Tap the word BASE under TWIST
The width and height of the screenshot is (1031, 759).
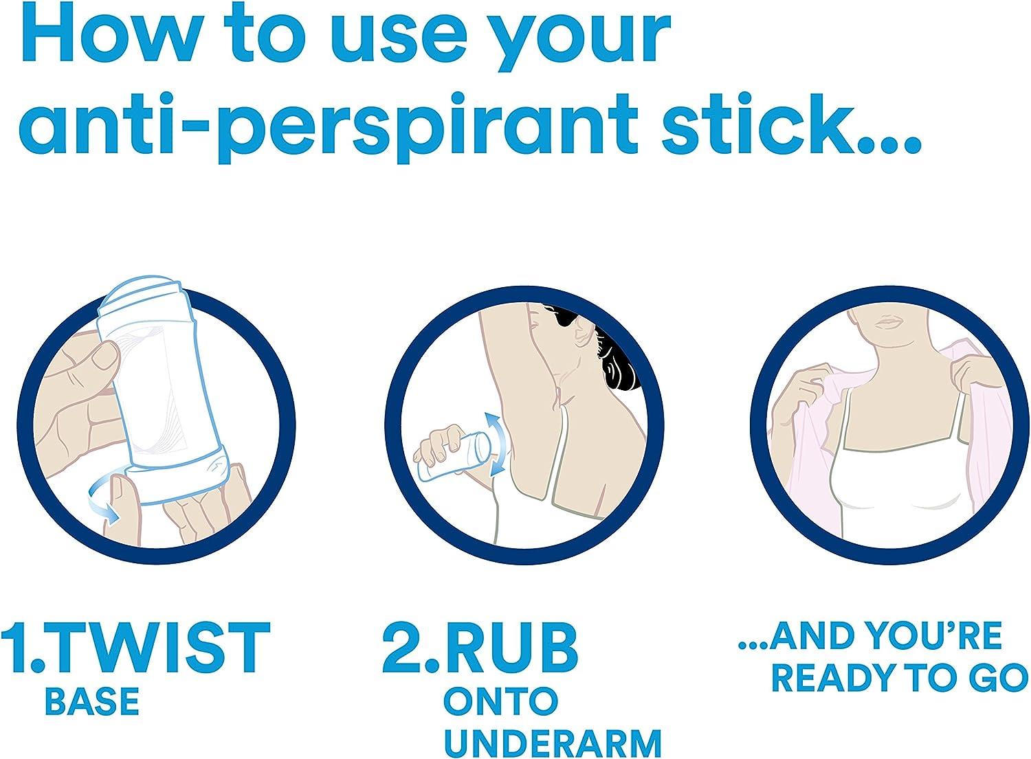[92, 701]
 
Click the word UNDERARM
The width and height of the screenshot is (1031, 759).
[553, 743]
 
